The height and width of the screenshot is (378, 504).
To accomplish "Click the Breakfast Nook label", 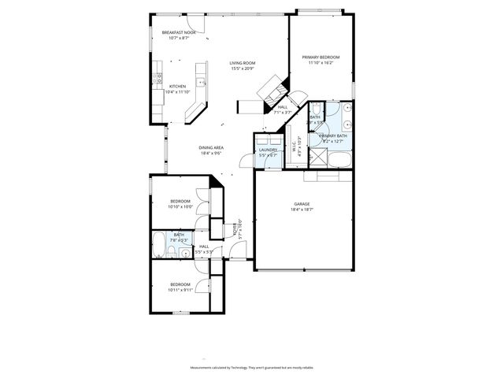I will tap(178, 32).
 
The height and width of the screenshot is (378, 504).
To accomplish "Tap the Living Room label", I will tap(243, 62).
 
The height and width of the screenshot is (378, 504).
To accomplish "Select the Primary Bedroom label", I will tap(321, 57).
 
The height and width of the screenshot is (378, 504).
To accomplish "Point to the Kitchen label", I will tap(177, 86).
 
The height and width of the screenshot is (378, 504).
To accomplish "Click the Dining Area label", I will tap(211, 147).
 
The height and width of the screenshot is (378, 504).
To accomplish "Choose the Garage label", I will tap(302, 203).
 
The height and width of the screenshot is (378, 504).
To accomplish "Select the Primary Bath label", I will tap(333, 136).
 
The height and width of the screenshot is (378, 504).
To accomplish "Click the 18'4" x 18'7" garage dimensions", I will tap(302, 209).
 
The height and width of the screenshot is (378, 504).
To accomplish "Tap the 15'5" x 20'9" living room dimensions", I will tap(243, 69).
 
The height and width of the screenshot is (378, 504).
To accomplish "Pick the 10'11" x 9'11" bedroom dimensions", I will tap(180, 290).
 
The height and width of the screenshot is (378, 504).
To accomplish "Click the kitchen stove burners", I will tap(159, 77).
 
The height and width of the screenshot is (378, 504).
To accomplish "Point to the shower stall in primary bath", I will tap(321, 156).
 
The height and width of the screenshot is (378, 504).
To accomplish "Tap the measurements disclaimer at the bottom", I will tap(252, 368).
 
